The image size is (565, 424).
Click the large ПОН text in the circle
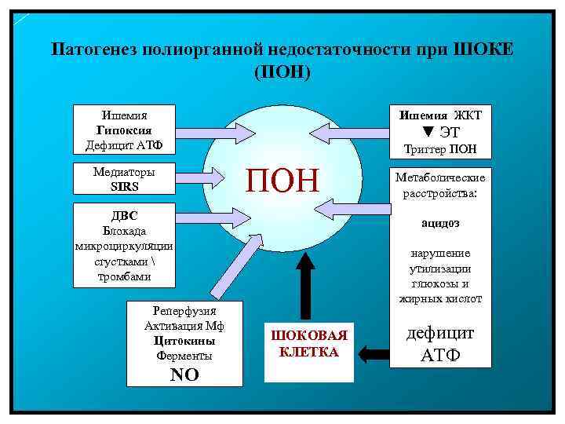[x=283, y=180]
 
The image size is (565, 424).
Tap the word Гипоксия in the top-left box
[x=124, y=130]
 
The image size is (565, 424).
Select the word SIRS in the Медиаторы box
[x=124, y=187]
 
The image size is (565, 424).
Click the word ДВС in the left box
[x=124, y=215]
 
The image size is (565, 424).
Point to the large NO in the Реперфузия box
[x=184, y=375]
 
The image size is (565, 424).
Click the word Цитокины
[x=184, y=342]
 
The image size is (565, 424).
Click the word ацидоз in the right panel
[x=440, y=223]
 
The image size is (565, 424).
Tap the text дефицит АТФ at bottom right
[x=440, y=344]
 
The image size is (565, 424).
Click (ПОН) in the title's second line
[x=283, y=71]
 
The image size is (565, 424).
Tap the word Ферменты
[x=184, y=356]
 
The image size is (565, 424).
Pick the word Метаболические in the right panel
[x=440, y=177]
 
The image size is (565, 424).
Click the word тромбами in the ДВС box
[x=124, y=276]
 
